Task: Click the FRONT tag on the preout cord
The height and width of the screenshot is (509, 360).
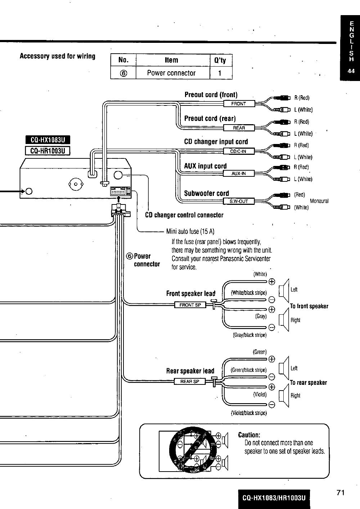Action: (x=239, y=104)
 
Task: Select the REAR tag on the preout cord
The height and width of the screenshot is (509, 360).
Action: (x=239, y=128)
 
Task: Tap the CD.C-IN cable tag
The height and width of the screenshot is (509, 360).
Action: (x=238, y=152)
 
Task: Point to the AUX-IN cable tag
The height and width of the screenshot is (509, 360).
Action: (x=239, y=174)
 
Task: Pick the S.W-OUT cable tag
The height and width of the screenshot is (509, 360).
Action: (x=239, y=201)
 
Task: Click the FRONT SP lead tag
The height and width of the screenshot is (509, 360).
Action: (x=190, y=305)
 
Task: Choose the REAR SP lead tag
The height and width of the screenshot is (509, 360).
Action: (x=190, y=382)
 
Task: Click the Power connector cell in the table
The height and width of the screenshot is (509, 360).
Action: (x=171, y=73)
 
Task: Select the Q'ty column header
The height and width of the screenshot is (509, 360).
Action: (x=220, y=60)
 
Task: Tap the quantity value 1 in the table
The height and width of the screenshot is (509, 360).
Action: (x=220, y=73)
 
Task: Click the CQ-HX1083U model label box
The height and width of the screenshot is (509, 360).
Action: (x=48, y=140)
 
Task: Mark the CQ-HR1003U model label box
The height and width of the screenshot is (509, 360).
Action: (x=48, y=150)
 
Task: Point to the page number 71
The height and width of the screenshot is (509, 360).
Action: (x=341, y=493)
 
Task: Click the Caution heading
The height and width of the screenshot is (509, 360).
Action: (x=249, y=435)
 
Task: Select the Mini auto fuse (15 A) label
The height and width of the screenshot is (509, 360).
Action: (x=190, y=231)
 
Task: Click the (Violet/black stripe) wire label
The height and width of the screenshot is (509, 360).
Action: (x=249, y=413)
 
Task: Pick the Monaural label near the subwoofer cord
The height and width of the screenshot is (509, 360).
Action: (x=319, y=201)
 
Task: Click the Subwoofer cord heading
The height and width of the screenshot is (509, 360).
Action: (x=206, y=193)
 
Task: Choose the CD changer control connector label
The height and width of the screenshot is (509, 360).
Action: (x=184, y=215)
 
